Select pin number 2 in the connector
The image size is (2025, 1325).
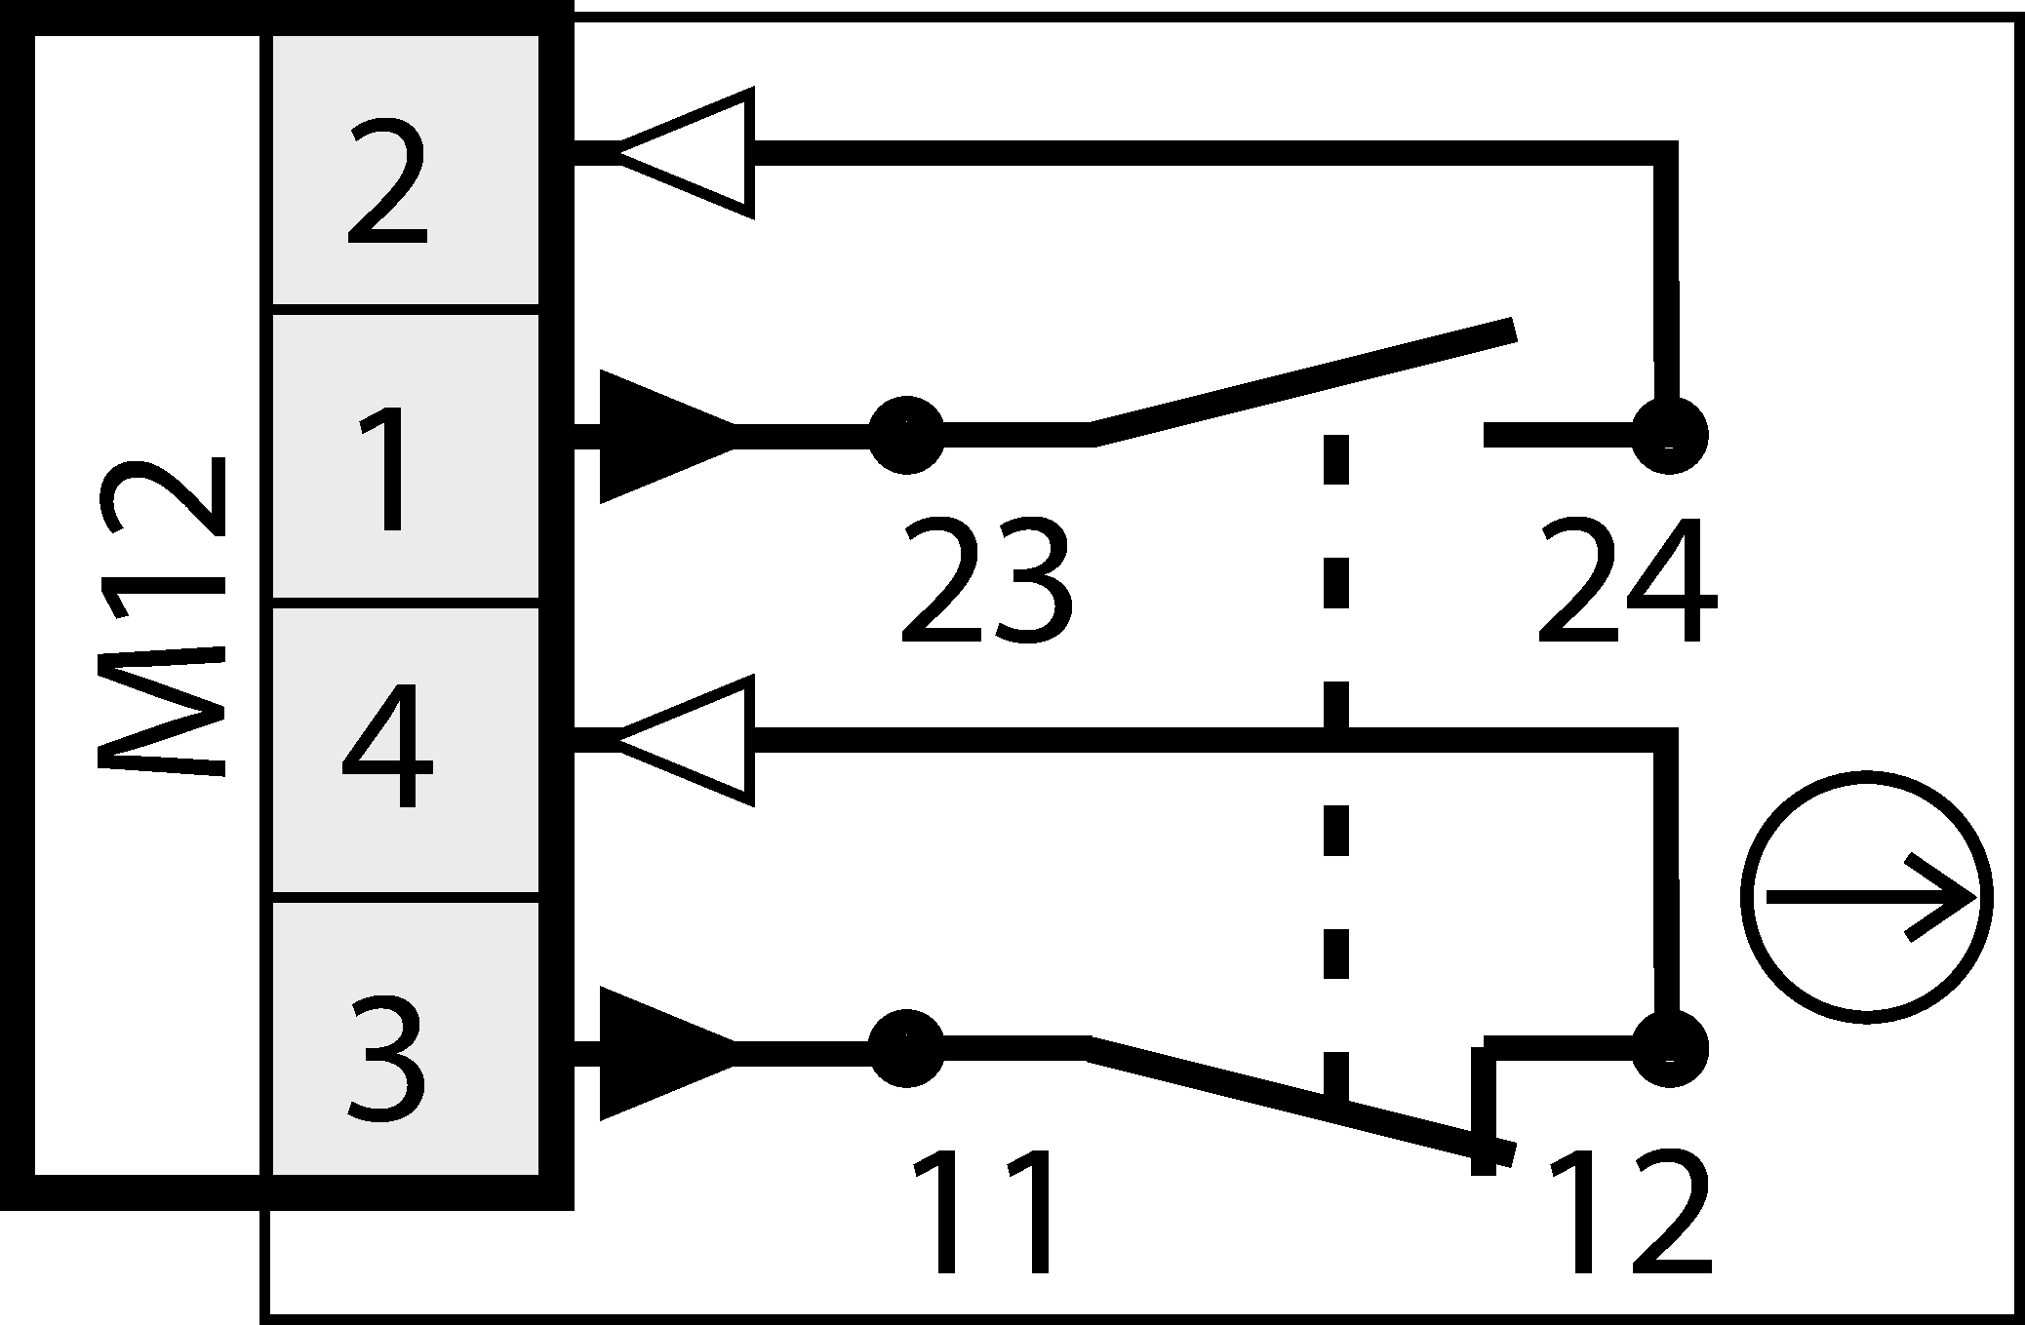387,181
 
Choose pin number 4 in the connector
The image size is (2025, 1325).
387,747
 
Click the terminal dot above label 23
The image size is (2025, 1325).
906,435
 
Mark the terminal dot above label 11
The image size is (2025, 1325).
906,1048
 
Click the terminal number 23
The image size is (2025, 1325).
985,581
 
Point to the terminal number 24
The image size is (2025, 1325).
1624,581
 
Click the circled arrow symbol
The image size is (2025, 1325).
1866,898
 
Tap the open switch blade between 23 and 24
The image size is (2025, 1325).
1302,382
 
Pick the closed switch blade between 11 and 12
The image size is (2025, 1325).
1297,1100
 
